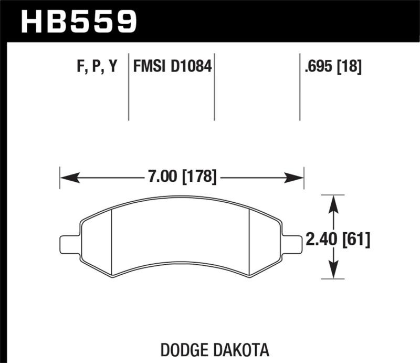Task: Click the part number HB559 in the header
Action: [79, 22]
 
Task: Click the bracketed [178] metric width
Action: [199, 178]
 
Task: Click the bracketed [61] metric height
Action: [356, 240]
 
